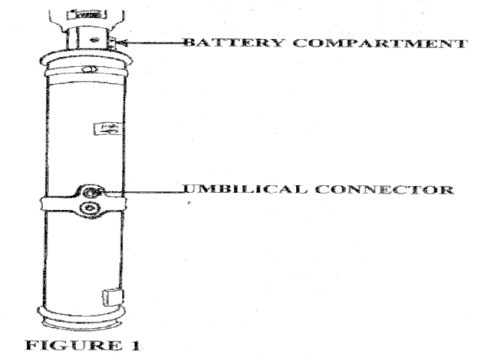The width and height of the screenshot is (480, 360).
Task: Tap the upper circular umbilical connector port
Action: coord(89,193)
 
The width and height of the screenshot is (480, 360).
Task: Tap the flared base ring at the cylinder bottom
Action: coord(81,321)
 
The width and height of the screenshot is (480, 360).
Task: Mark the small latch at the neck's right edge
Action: coord(112,41)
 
